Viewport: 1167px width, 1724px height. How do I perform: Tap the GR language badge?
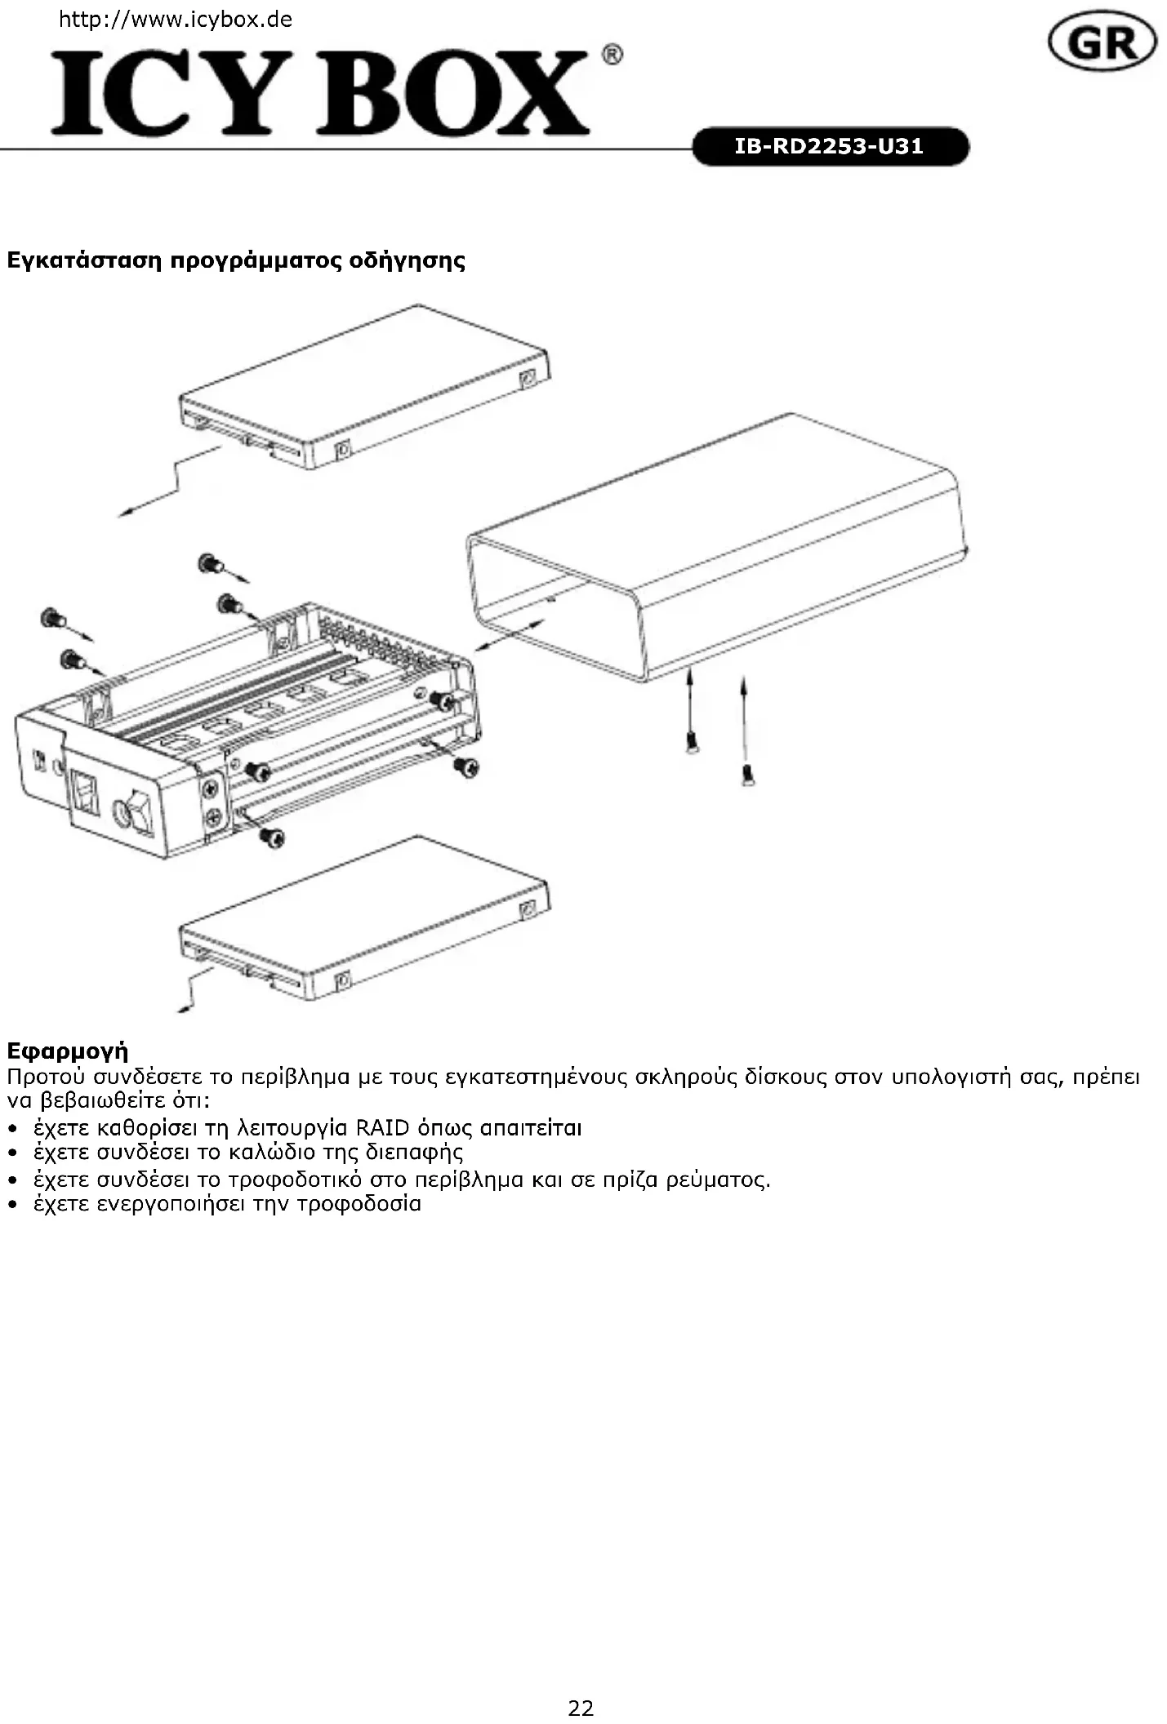tap(1102, 44)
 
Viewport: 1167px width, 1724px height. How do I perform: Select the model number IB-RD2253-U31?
tap(830, 147)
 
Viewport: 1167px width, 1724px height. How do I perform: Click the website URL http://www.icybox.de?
tap(176, 20)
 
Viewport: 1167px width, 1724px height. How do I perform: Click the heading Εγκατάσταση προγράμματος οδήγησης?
tap(236, 261)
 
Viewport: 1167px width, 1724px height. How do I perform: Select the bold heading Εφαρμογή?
tap(68, 1051)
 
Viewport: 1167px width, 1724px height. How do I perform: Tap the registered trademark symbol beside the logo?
tap(612, 55)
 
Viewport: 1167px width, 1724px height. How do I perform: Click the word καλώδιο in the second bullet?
tap(271, 1153)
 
